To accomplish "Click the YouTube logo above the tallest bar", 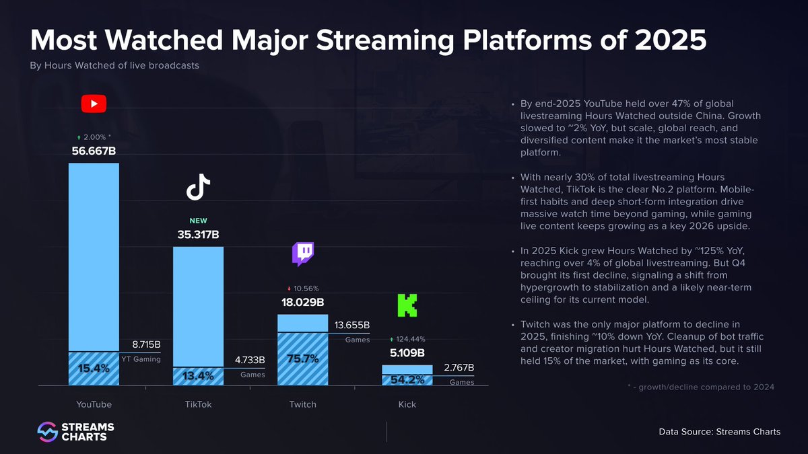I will pyautogui.click(x=94, y=104).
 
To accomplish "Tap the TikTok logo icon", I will pyautogui.click(x=198, y=187).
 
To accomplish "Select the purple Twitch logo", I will pyautogui.click(x=302, y=254).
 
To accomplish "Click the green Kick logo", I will pyautogui.click(x=407, y=305).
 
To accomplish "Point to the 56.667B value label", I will pyautogui.click(x=94, y=151).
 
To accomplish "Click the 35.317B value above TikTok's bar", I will pyautogui.click(x=198, y=235).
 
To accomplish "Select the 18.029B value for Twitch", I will pyautogui.click(x=302, y=303).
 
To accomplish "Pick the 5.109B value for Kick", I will pyautogui.click(x=407, y=352).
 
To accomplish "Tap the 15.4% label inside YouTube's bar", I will pyautogui.click(x=94, y=369).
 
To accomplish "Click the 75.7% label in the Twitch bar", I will pyautogui.click(x=302, y=358).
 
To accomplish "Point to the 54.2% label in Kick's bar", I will pyautogui.click(x=407, y=379).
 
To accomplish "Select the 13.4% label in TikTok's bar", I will pyautogui.click(x=198, y=376).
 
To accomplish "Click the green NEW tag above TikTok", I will pyautogui.click(x=198, y=221).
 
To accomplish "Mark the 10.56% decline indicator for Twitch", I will pyautogui.click(x=302, y=289).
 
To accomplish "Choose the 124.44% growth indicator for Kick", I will pyautogui.click(x=407, y=339).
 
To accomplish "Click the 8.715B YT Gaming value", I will pyautogui.click(x=141, y=344).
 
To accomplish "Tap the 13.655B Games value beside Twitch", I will pyautogui.click(x=351, y=326).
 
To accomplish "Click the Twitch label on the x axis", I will pyautogui.click(x=302, y=404).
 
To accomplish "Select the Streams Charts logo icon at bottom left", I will pyautogui.click(x=46, y=432).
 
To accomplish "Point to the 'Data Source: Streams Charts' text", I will pyautogui.click(x=719, y=432).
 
